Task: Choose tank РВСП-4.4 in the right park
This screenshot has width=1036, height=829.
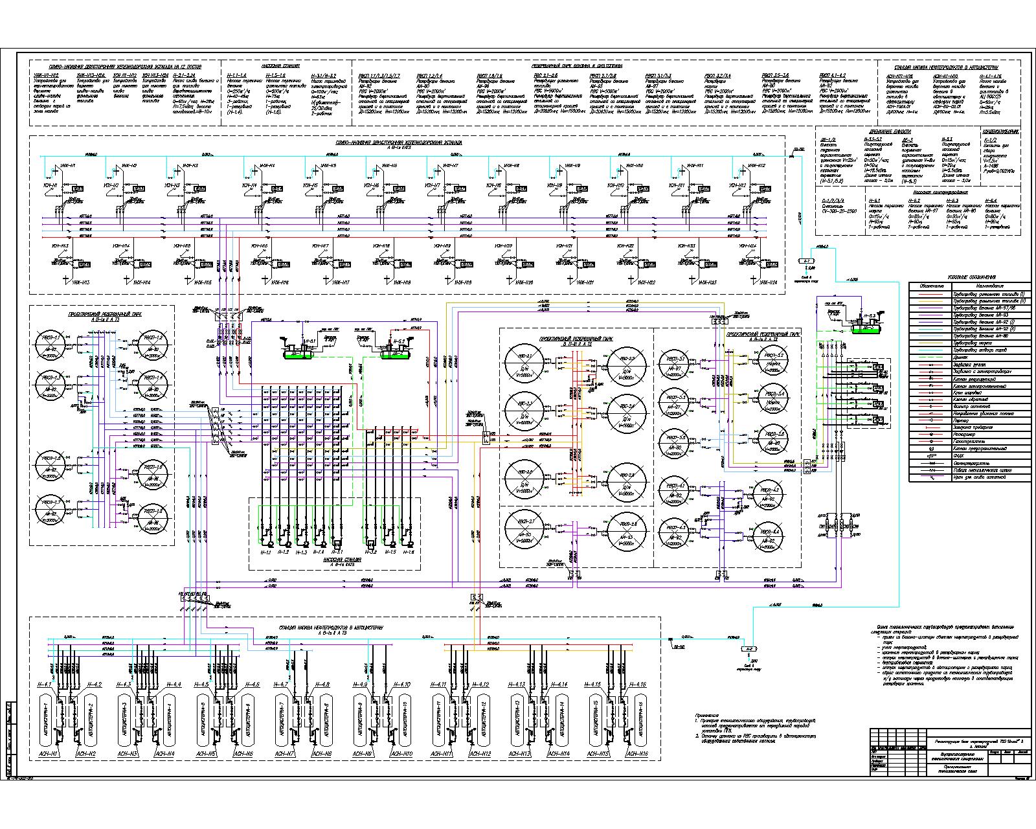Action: click(773, 538)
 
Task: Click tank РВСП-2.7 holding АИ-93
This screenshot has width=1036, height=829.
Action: click(523, 528)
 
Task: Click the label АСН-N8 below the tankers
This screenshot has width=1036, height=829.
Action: click(322, 754)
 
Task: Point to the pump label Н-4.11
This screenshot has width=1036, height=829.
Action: click(440, 685)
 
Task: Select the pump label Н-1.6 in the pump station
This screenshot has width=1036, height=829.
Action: click(408, 552)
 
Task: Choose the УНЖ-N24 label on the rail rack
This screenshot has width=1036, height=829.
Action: click(753, 283)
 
